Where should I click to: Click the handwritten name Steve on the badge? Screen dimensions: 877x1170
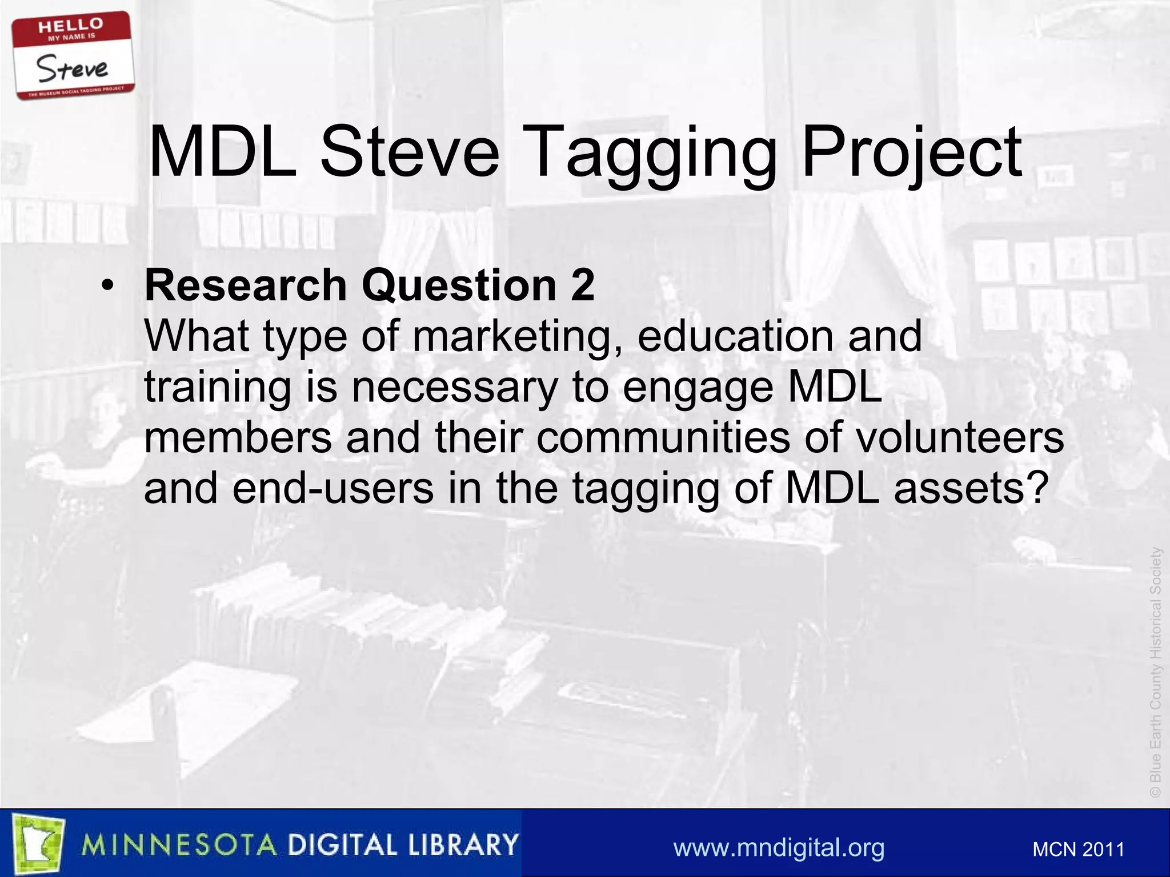point(72,69)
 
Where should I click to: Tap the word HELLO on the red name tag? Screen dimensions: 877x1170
point(71,26)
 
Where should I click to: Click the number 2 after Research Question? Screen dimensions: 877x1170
point(582,285)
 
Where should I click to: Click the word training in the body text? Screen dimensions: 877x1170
point(217,388)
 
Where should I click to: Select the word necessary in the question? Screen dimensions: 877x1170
point(454,388)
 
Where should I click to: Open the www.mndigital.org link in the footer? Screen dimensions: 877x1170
point(779,848)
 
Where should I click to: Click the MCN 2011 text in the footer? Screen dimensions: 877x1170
point(1078,850)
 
